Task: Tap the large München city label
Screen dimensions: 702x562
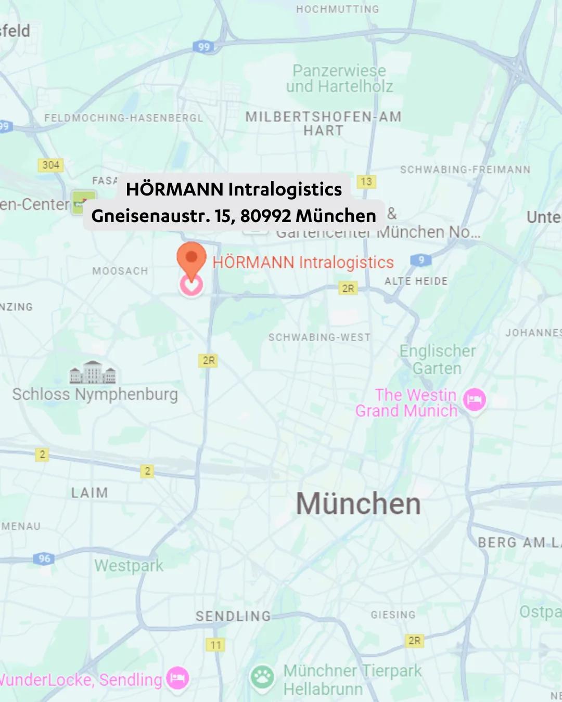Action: pos(358,504)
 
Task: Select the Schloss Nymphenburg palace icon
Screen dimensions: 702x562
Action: pos(93,372)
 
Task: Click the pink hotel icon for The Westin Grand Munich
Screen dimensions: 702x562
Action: pos(475,400)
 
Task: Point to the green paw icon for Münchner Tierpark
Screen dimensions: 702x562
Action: pos(262,677)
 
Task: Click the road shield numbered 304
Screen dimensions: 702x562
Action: pos(50,165)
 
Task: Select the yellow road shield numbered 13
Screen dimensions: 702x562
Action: pos(366,181)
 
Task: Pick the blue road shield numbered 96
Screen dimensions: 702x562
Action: pos(44,558)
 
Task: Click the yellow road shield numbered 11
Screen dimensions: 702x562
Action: pos(215,645)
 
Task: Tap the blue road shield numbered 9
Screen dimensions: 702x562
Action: pos(420,260)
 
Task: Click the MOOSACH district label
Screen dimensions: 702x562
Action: pos(120,271)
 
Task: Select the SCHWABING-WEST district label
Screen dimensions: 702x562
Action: pos(320,337)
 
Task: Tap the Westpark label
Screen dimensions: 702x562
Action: pos(129,566)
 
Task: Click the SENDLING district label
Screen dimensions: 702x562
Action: pos(233,616)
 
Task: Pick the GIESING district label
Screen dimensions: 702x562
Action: pos(393,615)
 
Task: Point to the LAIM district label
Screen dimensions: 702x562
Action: pos(90,492)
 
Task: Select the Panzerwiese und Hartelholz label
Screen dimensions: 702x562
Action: pos(340,79)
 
